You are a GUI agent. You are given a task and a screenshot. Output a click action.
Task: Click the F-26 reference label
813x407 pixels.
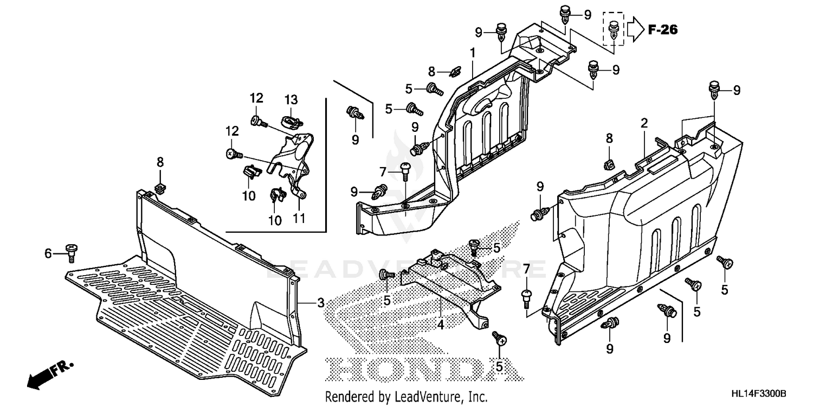pos(662,30)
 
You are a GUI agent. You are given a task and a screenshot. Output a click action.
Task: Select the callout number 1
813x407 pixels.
pos(473,53)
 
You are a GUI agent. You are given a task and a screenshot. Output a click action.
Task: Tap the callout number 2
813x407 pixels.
pos(644,123)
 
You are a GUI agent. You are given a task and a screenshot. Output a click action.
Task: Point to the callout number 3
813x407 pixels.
pos(320,302)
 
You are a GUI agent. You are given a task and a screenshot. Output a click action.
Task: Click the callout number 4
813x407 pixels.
pos(441,325)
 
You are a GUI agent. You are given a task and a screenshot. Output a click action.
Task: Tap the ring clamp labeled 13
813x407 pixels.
pos(291,119)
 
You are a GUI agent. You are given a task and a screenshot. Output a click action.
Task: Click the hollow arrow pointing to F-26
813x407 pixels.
pos(635,29)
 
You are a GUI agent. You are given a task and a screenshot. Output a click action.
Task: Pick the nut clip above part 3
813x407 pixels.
pos(160,188)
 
